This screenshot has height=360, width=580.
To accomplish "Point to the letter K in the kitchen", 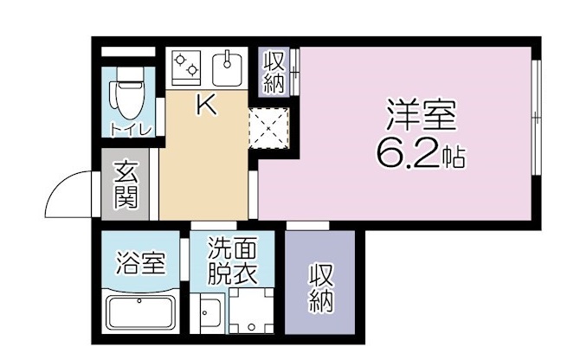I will click(x=206, y=106).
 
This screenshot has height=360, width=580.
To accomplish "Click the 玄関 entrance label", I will click(x=126, y=185).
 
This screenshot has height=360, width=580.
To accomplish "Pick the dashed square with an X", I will click(x=269, y=129).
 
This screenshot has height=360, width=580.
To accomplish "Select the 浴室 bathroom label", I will click(x=139, y=262).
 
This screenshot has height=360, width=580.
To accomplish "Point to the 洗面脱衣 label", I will click(x=231, y=261).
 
